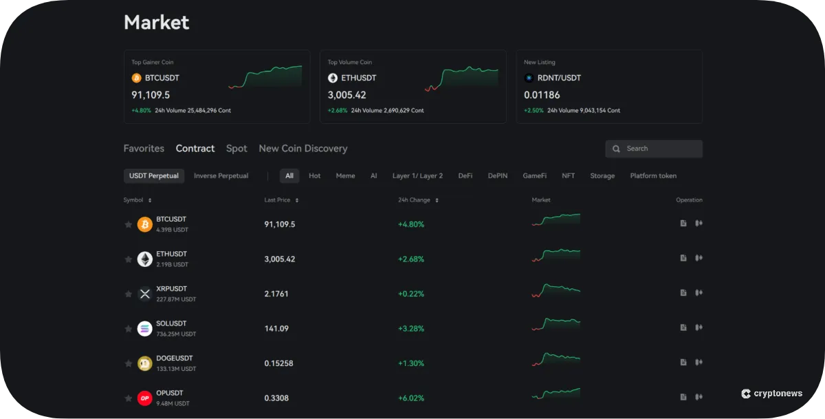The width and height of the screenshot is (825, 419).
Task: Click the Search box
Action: (x=653, y=149)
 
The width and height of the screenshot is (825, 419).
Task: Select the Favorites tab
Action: (x=144, y=149)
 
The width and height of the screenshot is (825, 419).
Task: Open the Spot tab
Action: (x=236, y=149)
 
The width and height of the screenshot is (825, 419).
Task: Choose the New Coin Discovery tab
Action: (x=302, y=149)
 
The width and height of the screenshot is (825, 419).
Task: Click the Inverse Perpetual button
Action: (x=221, y=176)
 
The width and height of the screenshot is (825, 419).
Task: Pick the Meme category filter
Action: (x=345, y=176)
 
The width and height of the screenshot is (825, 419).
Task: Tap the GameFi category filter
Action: (x=534, y=176)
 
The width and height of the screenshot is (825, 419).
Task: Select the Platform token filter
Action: (x=653, y=176)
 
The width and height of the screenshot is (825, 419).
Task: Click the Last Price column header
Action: (x=278, y=200)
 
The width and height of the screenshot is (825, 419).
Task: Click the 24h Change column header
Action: (x=414, y=200)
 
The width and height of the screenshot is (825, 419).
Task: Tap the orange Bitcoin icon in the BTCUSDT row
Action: (x=144, y=224)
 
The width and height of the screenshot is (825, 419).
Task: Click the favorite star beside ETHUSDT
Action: (x=128, y=259)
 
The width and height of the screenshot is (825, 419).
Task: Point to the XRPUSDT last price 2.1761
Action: (x=276, y=294)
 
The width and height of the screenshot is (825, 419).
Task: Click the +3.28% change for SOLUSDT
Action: (x=411, y=328)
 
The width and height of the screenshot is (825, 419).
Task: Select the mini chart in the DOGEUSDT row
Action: (x=555, y=360)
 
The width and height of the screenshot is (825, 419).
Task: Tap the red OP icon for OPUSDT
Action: (x=144, y=398)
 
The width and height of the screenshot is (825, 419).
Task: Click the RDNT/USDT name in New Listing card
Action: (x=559, y=78)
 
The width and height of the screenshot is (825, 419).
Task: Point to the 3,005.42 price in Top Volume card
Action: (x=346, y=95)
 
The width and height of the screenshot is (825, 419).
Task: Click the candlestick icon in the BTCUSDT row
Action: (x=698, y=223)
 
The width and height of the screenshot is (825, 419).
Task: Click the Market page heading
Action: (x=156, y=22)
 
